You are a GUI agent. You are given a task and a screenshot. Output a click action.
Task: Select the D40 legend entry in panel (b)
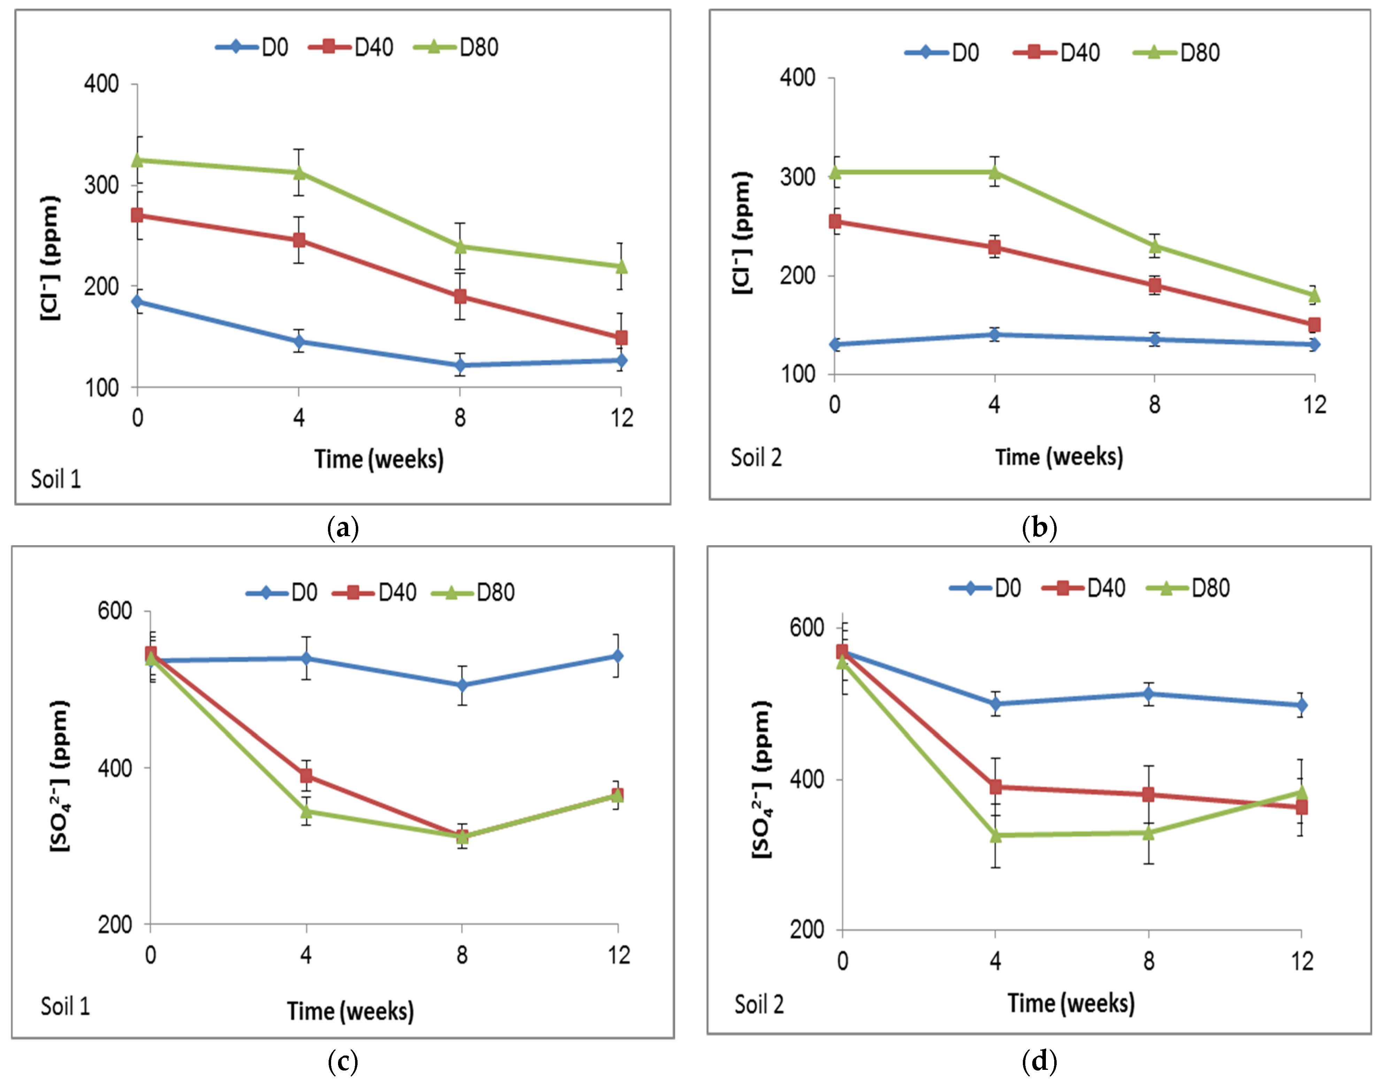[x=1057, y=53]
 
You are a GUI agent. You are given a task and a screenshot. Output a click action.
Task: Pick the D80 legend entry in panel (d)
[x=1189, y=588]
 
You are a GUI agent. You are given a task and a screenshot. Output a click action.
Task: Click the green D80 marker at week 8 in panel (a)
[x=460, y=246]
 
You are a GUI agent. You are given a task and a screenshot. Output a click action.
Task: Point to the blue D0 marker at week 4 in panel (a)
[x=298, y=342]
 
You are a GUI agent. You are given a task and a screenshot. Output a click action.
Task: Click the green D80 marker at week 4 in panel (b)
[x=994, y=172]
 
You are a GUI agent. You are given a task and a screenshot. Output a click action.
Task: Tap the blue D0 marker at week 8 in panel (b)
[x=1154, y=339]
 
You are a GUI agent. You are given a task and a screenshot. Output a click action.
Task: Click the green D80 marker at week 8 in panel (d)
[x=1148, y=832]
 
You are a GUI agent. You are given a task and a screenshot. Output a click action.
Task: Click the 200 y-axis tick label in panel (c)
[x=115, y=924]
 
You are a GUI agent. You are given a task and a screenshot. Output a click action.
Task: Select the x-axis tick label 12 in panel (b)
[x=1314, y=404]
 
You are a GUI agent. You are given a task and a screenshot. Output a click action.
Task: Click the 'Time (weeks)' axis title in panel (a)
[x=379, y=458]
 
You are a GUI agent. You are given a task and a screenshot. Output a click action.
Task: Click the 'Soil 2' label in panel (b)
[x=756, y=457]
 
